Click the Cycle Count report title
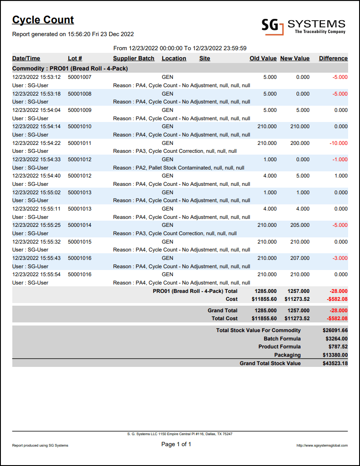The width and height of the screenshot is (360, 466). point(43,20)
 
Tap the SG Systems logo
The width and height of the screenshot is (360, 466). point(303,26)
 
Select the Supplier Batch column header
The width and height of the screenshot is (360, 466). point(134,59)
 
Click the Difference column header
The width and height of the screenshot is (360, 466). point(333,59)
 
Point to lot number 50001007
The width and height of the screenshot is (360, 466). point(80,77)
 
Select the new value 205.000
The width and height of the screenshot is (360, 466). point(299,225)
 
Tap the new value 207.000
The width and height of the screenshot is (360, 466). point(299,258)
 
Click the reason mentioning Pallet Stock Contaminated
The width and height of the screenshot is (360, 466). point(179,168)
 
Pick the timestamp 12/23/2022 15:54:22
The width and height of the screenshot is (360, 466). point(37,143)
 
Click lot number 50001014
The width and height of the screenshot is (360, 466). point(80,225)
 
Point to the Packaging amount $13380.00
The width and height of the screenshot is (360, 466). point(335,355)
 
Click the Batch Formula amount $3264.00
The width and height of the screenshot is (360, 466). point(336,339)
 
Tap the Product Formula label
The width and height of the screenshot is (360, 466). point(279,347)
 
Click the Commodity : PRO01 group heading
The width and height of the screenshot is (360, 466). point(70,69)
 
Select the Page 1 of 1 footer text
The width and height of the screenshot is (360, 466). point(176,444)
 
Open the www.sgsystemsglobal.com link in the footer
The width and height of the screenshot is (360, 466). point(322,445)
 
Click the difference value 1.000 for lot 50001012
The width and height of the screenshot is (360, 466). point(341,176)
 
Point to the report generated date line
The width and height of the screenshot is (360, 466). point(73,34)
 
